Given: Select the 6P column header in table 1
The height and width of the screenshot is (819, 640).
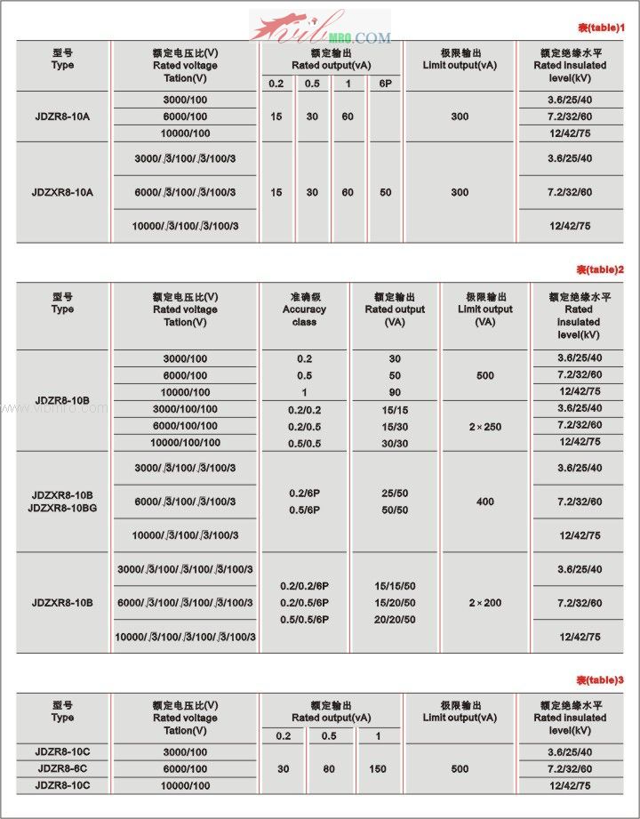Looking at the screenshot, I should coord(385,84).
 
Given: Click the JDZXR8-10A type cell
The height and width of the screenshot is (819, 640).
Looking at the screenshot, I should coord(62,192).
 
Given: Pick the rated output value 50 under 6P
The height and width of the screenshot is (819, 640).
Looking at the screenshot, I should coord(385,192).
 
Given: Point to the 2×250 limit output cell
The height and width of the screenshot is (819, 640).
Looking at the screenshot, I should coord(485,427).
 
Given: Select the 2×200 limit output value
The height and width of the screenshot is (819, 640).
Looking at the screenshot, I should coord(485,603).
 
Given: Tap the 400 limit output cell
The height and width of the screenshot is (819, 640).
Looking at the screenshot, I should coord(485,502).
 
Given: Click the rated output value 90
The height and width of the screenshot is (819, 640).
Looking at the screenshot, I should coord(395,392).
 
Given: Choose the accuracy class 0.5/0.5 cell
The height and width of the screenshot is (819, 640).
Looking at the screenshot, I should coord(304,442).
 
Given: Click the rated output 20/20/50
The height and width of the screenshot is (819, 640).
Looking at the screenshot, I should coord(395,620).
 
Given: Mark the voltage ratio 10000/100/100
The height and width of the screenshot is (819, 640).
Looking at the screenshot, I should coord(185,442).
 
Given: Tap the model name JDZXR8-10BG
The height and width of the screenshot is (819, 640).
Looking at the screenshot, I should coord(62,509).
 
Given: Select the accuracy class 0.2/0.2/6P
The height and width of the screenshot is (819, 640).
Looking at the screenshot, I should coord(304,586).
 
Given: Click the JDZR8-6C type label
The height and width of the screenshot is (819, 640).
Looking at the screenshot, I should coord(62,769).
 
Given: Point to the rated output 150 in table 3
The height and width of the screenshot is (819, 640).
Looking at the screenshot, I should coord(378,769).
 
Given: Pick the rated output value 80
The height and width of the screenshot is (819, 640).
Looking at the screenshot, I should coord(329,769).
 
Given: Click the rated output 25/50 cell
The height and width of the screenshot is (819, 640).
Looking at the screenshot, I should coord(395,493).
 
